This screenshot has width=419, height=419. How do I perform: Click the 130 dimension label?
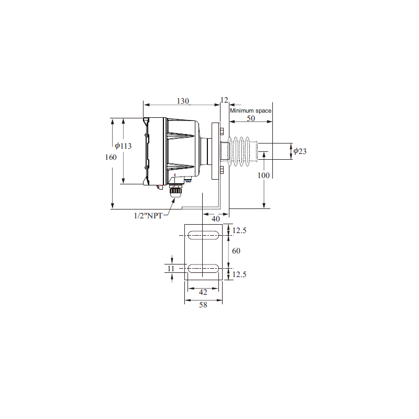[x=183, y=101]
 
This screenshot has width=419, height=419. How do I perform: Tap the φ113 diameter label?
[x=123, y=146]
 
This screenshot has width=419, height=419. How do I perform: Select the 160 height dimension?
[x=111, y=157]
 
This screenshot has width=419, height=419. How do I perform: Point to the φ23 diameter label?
[x=300, y=151]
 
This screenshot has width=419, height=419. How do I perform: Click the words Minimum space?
[x=251, y=111]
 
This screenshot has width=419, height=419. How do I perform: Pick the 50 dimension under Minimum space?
[x=251, y=118]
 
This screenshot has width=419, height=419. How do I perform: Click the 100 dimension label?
[x=263, y=175]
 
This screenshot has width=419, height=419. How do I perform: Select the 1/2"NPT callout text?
[x=148, y=216]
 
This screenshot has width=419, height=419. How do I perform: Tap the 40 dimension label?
[x=216, y=219]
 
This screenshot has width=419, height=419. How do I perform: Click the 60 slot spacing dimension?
[x=236, y=251]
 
